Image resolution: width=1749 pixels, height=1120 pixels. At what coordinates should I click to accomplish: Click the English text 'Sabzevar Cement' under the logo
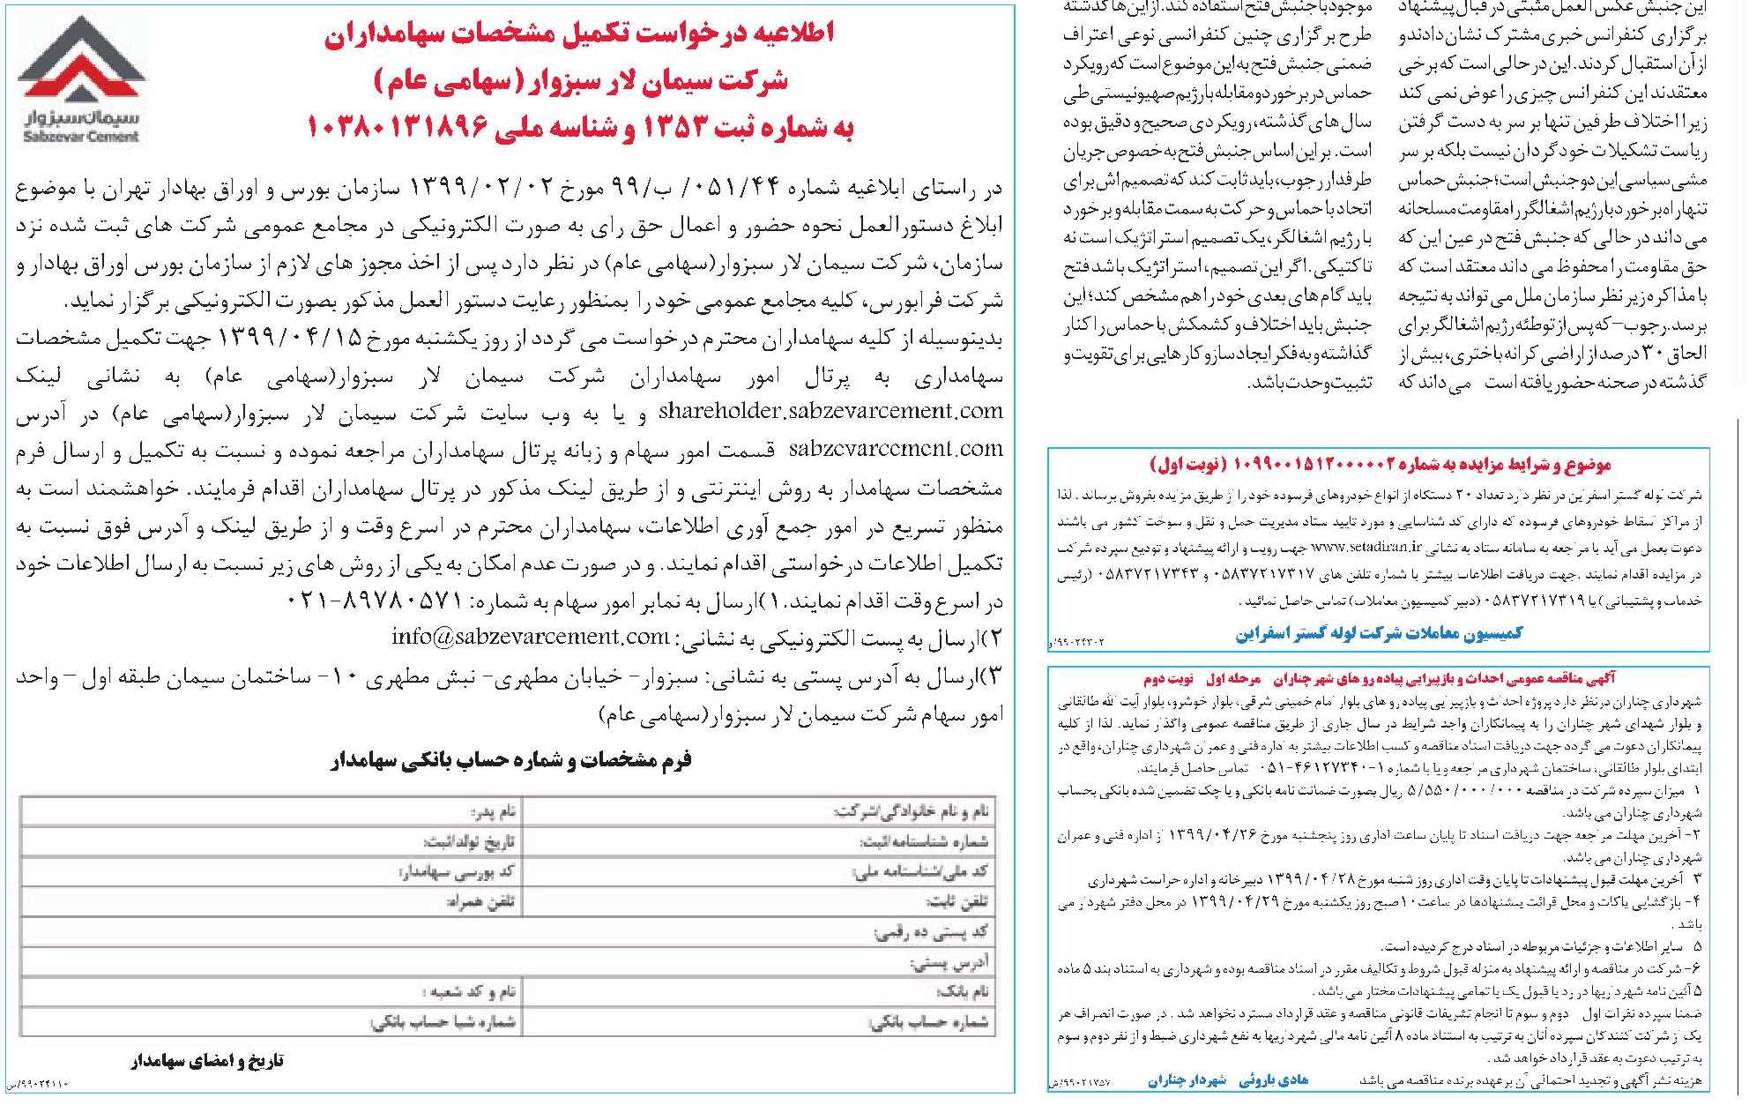point(82,137)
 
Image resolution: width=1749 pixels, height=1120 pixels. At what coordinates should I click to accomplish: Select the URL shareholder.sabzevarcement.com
point(830,411)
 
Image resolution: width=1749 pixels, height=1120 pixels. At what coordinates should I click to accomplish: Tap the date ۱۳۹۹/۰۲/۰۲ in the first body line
point(480,187)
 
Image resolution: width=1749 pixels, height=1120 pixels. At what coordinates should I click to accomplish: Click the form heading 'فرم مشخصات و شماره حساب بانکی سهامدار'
point(510,760)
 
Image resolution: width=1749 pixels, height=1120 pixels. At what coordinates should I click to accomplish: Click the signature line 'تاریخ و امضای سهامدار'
point(207,1061)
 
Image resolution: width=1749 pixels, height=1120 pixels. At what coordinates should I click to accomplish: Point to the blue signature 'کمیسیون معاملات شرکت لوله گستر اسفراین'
point(1379,632)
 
